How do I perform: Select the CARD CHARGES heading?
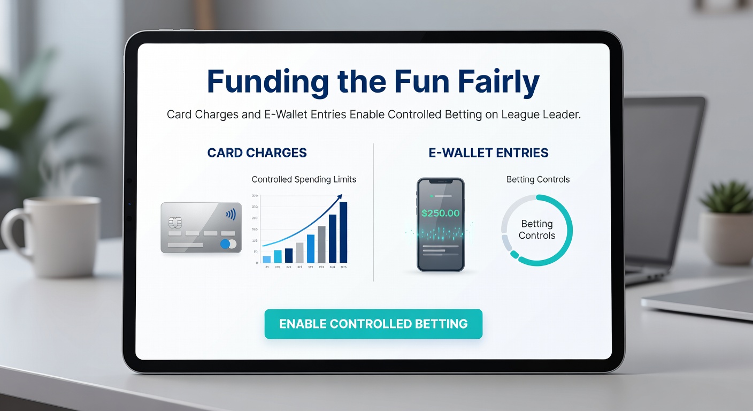[x=257, y=153]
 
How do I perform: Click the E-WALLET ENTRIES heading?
[x=488, y=153]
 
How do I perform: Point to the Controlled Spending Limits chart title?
[x=304, y=179]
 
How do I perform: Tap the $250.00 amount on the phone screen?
[x=440, y=212]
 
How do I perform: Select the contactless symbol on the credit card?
[x=230, y=215]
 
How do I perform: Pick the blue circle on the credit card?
[x=225, y=244]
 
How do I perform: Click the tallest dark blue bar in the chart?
[x=343, y=232]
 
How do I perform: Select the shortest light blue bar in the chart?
[x=266, y=259]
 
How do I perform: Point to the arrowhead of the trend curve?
[x=339, y=197]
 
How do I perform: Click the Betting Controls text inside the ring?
[x=537, y=230]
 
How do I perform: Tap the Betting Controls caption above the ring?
[x=538, y=179]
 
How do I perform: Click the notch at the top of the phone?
[x=441, y=182]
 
